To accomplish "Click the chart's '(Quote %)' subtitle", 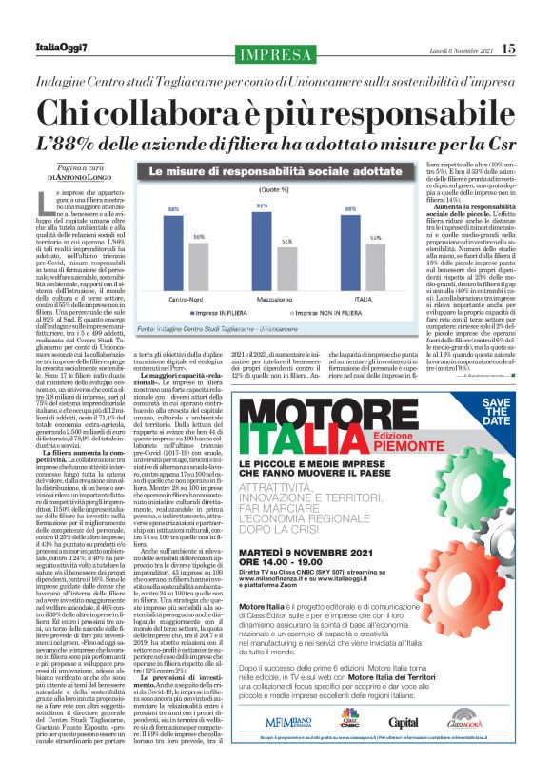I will pyautogui.click(x=246, y=190).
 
